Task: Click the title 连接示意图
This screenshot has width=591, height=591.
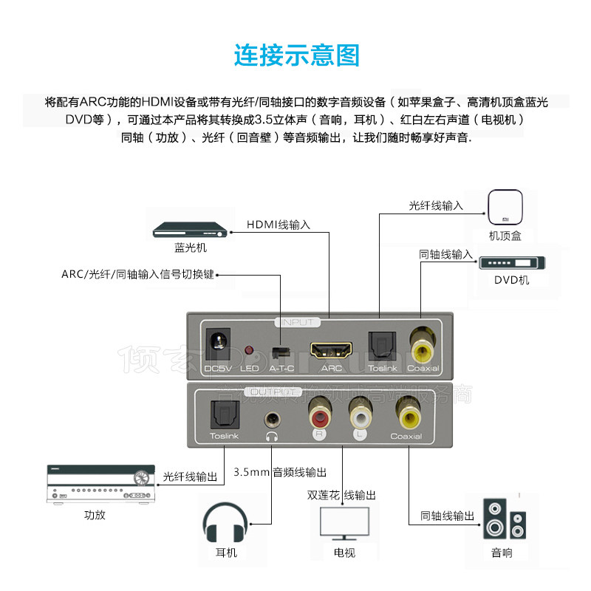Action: click(x=296, y=55)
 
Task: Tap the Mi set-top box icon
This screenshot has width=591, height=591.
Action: click(x=505, y=208)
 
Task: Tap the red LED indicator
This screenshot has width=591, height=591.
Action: click(x=249, y=349)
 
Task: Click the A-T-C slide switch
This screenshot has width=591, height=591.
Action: click(x=279, y=350)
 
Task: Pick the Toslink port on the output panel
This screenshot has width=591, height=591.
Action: click(x=223, y=414)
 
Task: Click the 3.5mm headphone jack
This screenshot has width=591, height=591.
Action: click(x=272, y=419)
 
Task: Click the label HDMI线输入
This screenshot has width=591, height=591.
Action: click(x=279, y=224)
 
